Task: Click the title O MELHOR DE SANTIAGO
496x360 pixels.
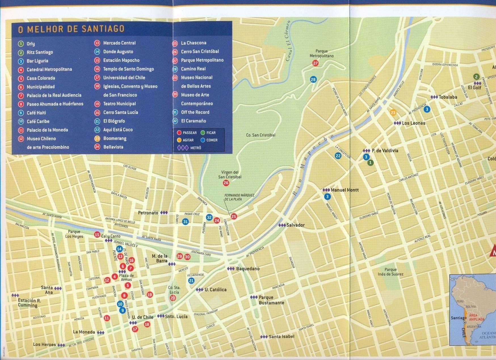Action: (71, 29)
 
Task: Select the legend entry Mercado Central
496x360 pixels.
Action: (119, 43)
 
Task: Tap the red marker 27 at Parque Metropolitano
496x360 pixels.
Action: (316, 63)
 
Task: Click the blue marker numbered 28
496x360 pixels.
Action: (313, 79)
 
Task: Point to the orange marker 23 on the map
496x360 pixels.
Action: (393, 112)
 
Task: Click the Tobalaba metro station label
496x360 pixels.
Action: (448, 97)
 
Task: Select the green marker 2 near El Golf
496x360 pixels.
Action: (476, 77)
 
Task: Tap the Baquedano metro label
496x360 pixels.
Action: (247, 269)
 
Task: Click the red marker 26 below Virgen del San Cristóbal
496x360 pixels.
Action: (226, 183)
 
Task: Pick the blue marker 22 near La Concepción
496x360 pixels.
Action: (338, 156)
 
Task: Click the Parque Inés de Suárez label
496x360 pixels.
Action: (390, 272)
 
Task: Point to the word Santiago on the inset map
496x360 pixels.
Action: (459, 318)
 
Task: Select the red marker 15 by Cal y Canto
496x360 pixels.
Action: (97, 235)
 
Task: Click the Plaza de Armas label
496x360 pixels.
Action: (126, 277)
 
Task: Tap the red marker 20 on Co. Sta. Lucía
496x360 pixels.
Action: (173, 298)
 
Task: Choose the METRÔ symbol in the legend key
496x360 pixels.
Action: (183, 148)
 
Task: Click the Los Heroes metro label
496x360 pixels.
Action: (45, 344)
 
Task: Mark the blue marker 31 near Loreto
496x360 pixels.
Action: (185, 221)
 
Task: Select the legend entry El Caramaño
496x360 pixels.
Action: (194, 121)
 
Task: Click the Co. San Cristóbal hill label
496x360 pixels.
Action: (260, 135)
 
